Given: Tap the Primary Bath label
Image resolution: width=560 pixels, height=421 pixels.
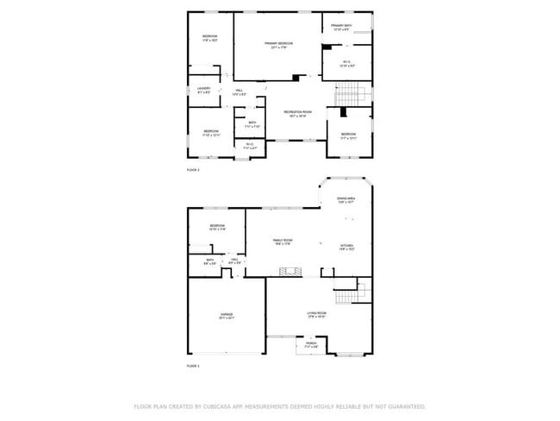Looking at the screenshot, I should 342,26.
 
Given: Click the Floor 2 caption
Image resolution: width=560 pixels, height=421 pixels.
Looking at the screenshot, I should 193,170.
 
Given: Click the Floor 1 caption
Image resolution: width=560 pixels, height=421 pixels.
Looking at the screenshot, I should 193,367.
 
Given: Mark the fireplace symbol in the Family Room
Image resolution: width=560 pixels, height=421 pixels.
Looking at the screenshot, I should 292,272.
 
